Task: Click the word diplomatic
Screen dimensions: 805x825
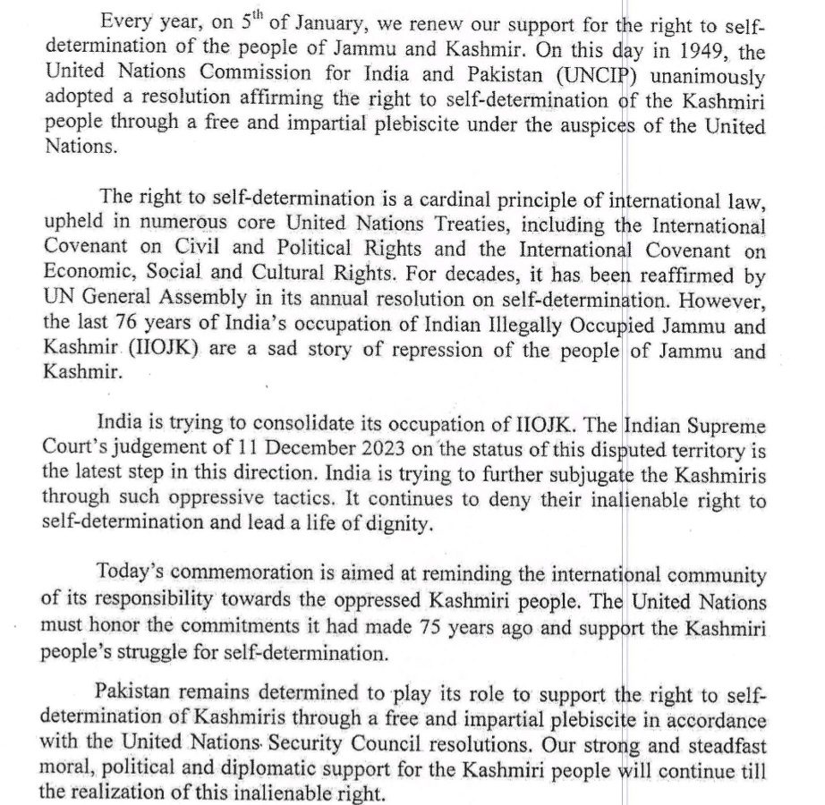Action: coord(304,770)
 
